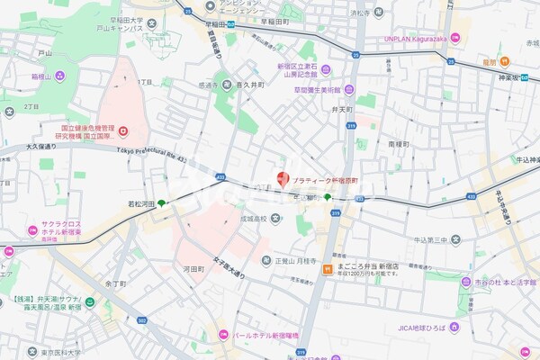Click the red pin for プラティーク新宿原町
tap(283, 179)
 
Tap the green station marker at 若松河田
tap(162, 203)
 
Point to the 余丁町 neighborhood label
tap(113, 283)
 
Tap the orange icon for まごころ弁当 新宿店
tap(332, 268)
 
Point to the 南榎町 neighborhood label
tap(398, 143)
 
